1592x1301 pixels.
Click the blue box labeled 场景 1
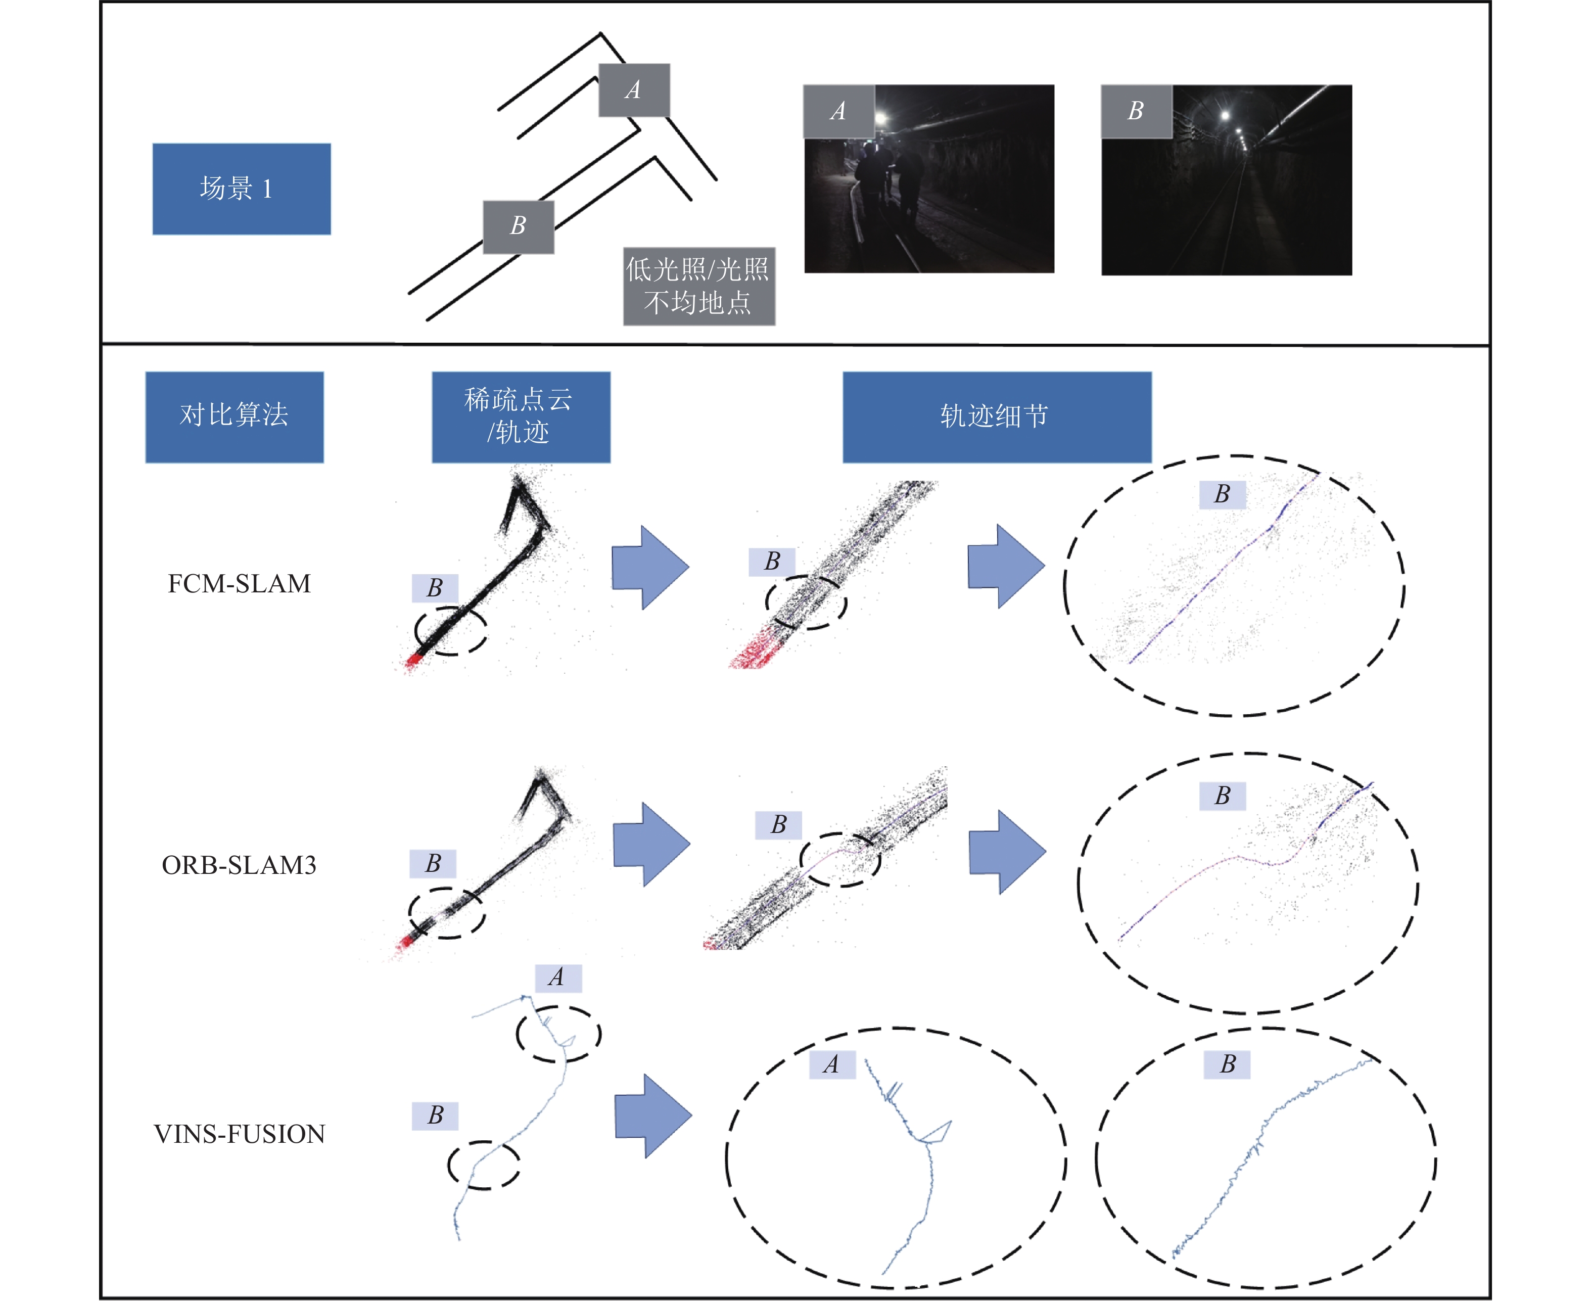tap(241, 189)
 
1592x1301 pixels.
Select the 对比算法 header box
tap(235, 416)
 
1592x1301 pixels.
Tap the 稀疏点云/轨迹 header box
tap(521, 416)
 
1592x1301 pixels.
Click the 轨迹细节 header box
tap(997, 416)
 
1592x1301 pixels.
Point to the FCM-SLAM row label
tap(239, 584)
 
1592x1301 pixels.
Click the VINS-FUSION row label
tap(239, 1134)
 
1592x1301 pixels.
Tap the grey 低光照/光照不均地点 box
tap(699, 286)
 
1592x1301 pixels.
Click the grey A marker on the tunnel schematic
tap(634, 90)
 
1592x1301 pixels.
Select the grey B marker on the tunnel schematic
tap(519, 226)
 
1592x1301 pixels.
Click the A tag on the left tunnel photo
tap(838, 111)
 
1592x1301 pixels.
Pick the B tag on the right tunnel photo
tap(1136, 111)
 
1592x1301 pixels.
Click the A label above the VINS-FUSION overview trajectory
tap(557, 977)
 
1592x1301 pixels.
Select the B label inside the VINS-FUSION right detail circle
tap(1227, 1064)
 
